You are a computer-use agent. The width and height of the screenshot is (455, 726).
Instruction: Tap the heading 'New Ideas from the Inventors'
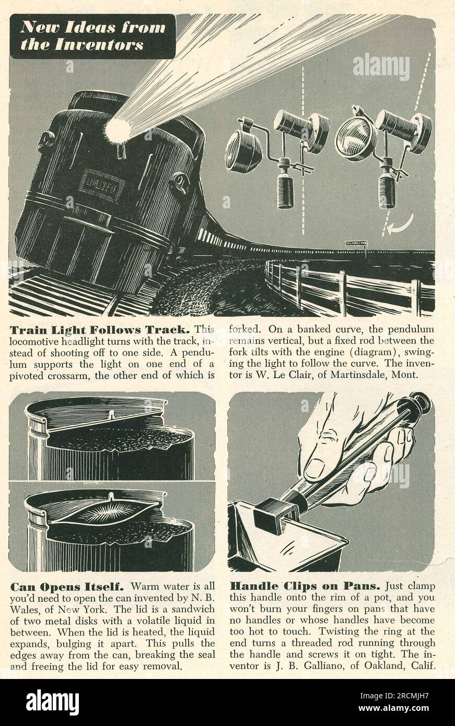pyautogui.click(x=92, y=36)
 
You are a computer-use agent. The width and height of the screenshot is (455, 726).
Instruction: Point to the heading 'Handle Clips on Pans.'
pyautogui.click(x=305, y=587)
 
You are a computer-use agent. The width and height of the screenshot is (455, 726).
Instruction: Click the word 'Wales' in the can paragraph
pyautogui.click(x=25, y=610)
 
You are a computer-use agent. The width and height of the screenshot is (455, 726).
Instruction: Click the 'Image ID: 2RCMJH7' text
pyautogui.click(x=395, y=695)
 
